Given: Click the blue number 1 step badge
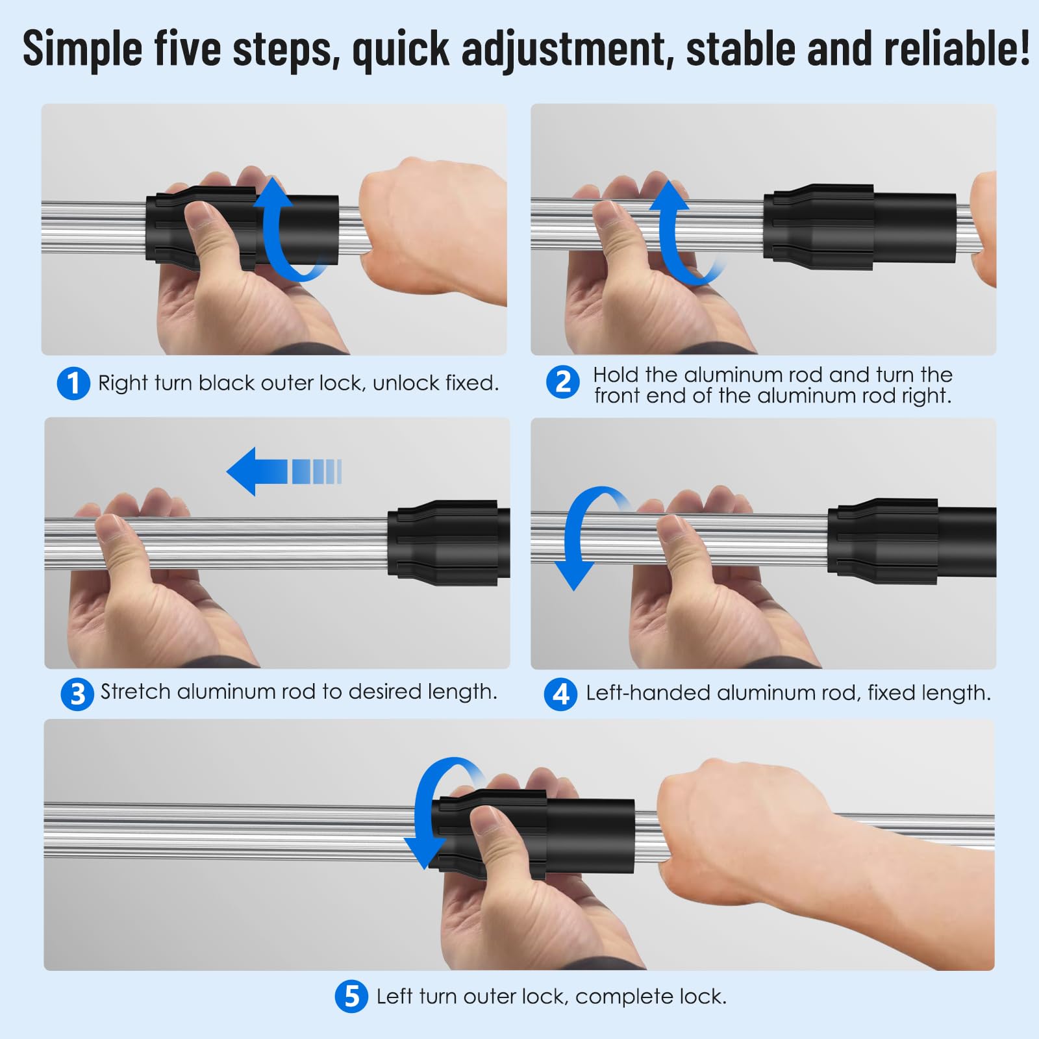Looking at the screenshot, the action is [x=73, y=383].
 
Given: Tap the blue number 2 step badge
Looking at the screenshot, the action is [x=562, y=382].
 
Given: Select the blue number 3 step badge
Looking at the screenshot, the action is [x=77, y=694].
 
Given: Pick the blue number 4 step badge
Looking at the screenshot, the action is [x=560, y=694].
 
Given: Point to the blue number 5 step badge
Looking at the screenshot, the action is [x=351, y=995].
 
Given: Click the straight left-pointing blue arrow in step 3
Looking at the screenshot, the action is [x=284, y=471].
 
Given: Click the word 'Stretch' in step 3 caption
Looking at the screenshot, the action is [x=135, y=692].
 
